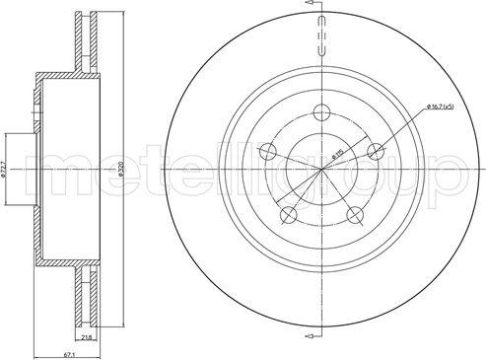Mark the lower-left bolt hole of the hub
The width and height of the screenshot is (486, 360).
pyautogui.click(x=288, y=216)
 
